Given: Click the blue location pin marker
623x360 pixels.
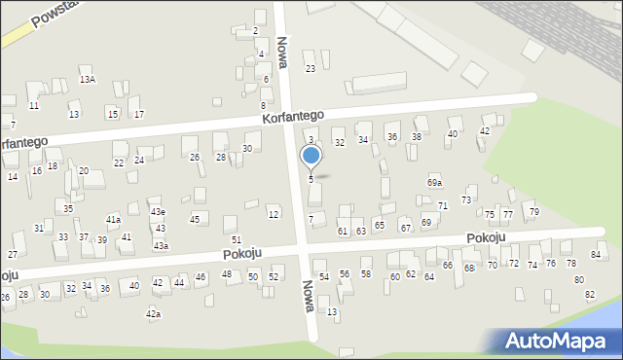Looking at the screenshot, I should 311,157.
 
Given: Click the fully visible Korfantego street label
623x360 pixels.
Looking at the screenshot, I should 292,116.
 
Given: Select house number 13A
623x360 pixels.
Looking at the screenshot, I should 87,79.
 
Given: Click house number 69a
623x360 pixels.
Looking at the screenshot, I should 434,182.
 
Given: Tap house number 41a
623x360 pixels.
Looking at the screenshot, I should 113,220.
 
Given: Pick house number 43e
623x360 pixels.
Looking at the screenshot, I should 157,211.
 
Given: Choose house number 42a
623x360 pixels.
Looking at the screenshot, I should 153,314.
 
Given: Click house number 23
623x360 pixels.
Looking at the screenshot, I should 311,68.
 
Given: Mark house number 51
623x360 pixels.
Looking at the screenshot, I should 236,239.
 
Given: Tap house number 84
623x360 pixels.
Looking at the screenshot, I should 596,254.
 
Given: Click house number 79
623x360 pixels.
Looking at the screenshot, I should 533,211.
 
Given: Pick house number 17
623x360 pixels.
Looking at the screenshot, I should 139,114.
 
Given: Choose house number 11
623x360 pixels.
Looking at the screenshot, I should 34,105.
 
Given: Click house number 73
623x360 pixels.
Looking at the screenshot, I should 466,199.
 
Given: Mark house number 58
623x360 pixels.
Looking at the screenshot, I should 366,274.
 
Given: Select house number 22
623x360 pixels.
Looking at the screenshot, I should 119,162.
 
